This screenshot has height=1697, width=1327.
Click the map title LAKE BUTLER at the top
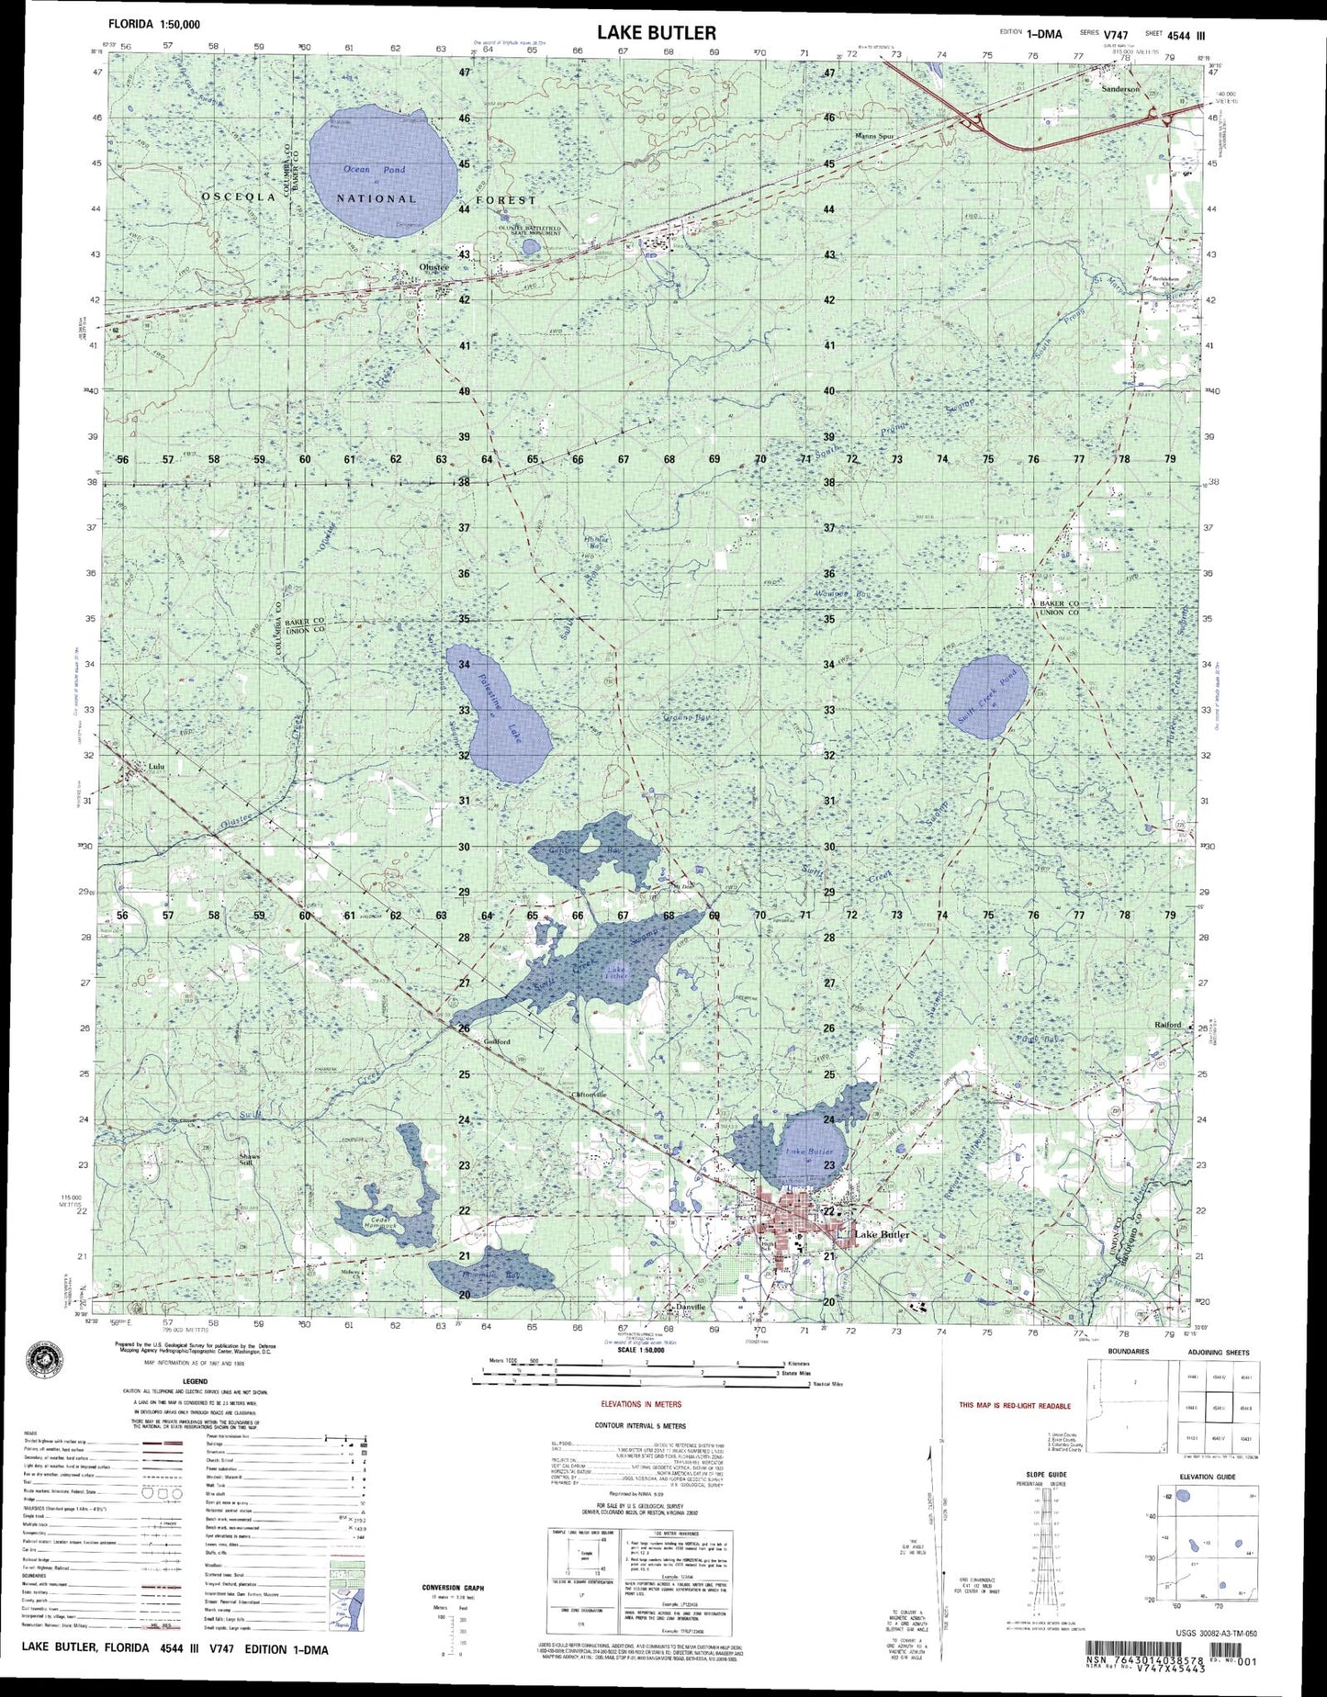coord(656,33)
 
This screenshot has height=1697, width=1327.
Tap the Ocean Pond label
coord(374,170)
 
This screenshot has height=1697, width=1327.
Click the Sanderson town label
coord(1121,89)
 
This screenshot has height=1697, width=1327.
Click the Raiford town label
coord(1168,1025)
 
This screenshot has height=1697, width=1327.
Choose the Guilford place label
coord(497,1042)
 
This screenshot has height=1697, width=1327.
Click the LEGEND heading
coord(195,1379)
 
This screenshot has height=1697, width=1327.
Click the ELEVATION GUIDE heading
coord(1208,1477)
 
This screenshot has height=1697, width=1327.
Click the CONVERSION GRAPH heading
coord(453,1587)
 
